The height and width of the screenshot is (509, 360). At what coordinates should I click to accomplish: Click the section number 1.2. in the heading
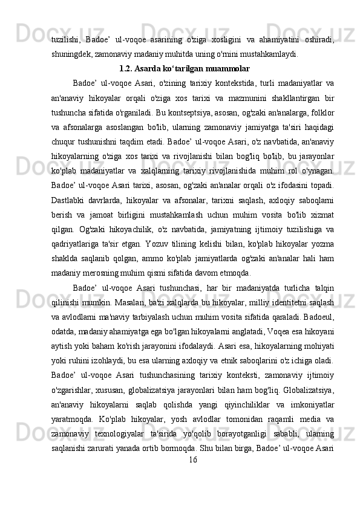[x=129, y=68]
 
